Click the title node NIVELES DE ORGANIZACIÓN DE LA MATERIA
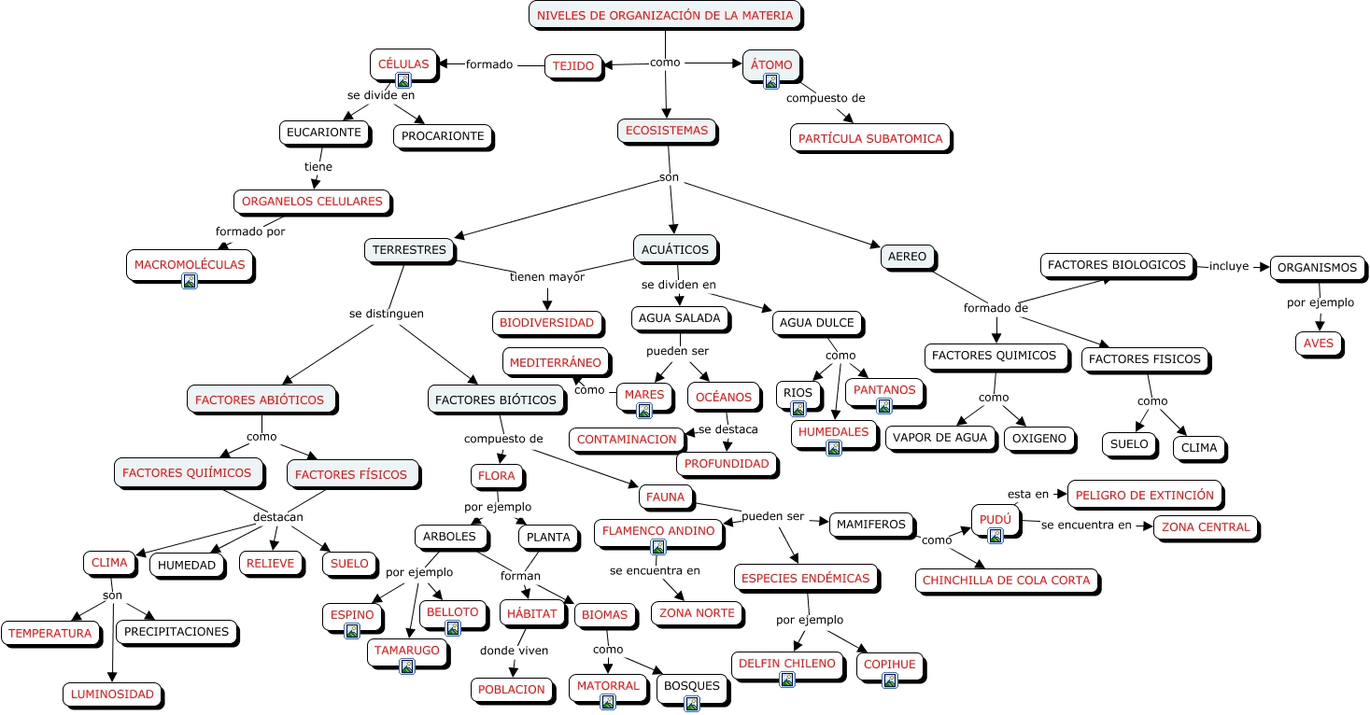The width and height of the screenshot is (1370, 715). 665,15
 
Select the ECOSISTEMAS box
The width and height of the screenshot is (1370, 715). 667,131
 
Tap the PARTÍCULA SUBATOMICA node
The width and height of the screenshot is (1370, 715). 870,139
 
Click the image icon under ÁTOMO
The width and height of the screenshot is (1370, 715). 771,81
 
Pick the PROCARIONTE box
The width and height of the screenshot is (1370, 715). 443,136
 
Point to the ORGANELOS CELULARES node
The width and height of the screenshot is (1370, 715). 312,202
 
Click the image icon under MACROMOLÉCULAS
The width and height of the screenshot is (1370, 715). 190,280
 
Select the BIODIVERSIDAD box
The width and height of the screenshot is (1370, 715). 546,323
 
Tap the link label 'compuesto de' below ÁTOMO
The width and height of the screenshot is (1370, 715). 826,98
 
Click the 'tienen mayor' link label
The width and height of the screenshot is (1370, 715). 547,277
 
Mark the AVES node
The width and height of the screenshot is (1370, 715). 1321,343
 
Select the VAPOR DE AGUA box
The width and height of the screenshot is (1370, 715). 939,438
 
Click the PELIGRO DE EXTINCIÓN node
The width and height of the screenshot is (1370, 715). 1144,495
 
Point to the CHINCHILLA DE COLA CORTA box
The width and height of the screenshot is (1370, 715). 1007,580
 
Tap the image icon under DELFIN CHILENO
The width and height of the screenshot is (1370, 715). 787,680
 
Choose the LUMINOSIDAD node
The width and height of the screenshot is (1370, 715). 112,694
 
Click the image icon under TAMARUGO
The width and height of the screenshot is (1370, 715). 406,666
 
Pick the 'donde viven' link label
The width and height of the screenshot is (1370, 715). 515,651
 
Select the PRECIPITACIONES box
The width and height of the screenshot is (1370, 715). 177,632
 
